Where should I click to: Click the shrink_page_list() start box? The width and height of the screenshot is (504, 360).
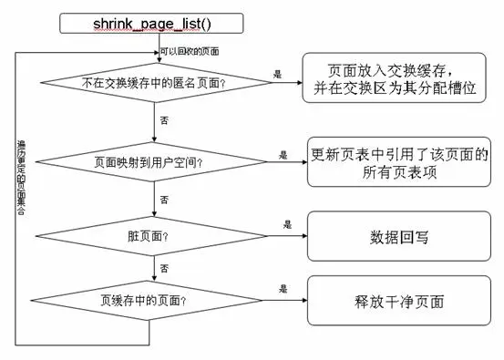(x=151, y=23)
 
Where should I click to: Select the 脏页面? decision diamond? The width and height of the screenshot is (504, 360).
(x=151, y=235)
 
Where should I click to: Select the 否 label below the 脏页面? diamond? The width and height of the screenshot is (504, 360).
(x=163, y=267)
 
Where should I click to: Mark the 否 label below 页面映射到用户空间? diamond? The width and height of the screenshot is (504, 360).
(x=163, y=198)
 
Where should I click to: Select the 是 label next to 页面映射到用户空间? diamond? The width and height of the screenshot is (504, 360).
(x=283, y=155)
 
